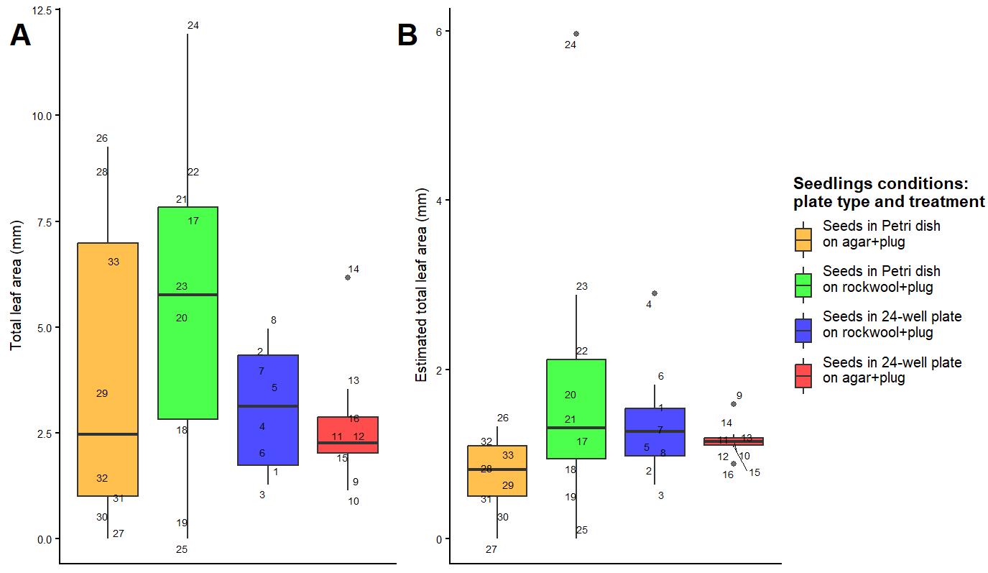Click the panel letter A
(x=20, y=35)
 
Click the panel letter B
(x=407, y=35)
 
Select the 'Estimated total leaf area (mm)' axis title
(x=421, y=285)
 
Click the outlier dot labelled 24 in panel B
(x=576, y=34)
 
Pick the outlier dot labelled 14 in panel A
(x=348, y=278)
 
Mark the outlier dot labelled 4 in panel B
(x=655, y=293)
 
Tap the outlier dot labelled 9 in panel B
(x=734, y=404)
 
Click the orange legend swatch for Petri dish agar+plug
(x=803, y=239)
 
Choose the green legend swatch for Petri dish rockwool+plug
(x=803, y=285)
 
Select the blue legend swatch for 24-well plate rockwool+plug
(x=803, y=331)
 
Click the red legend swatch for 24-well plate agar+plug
(x=803, y=376)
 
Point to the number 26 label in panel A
(x=101, y=139)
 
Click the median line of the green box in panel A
(x=188, y=295)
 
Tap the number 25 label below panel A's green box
(x=182, y=550)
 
